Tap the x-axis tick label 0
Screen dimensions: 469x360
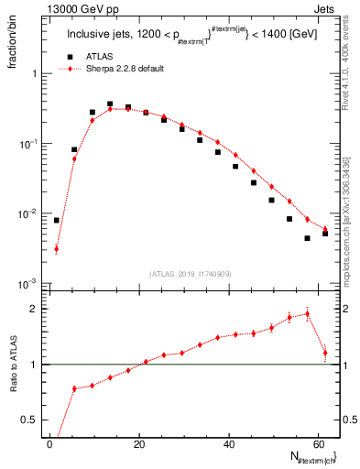pyautogui.click(x=49, y=443)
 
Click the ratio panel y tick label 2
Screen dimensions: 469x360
pyautogui.click(x=34, y=309)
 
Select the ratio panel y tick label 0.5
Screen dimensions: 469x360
pyautogui.click(x=30, y=420)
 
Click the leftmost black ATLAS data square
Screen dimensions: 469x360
pyautogui.click(x=57, y=220)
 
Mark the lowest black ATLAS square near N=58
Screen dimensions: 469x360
pyautogui.click(x=308, y=238)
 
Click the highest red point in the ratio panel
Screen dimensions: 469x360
pyautogui.click(x=308, y=313)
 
